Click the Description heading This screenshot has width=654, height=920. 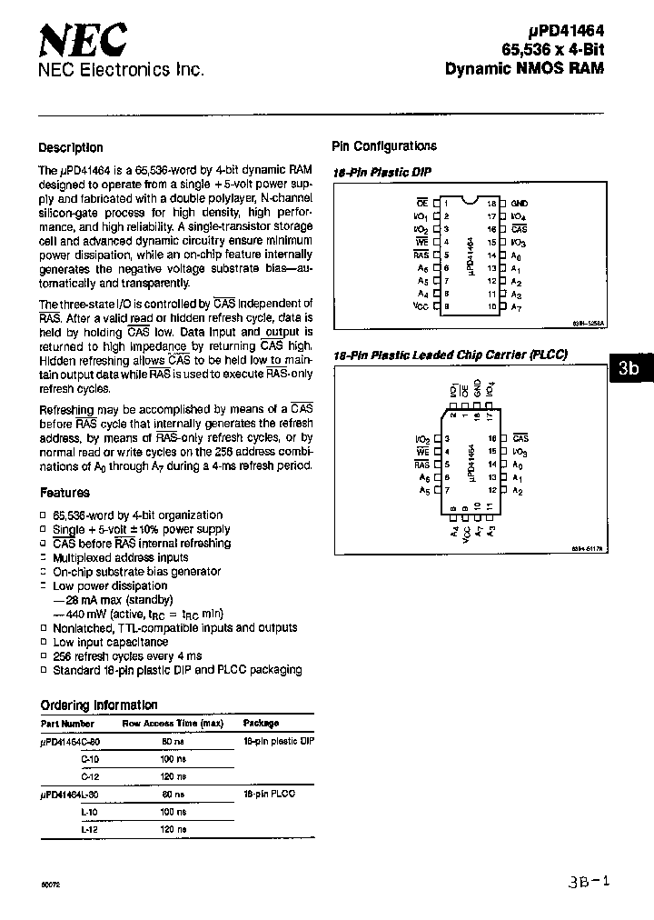click(x=71, y=147)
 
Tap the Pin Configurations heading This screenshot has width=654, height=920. click(x=383, y=146)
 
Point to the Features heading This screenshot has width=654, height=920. click(x=64, y=493)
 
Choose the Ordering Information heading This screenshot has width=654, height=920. click(x=99, y=705)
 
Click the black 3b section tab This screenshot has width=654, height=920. click(x=629, y=369)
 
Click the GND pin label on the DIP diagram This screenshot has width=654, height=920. click(x=519, y=203)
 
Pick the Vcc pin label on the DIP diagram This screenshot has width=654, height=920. click(x=421, y=308)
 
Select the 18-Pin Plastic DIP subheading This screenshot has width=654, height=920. click(x=381, y=172)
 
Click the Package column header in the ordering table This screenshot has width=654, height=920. click(x=261, y=723)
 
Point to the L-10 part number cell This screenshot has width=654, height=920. click(x=89, y=811)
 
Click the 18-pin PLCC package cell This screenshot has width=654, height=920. click(x=270, y=794)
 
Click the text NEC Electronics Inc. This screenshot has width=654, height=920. click(x=121, y=70)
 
